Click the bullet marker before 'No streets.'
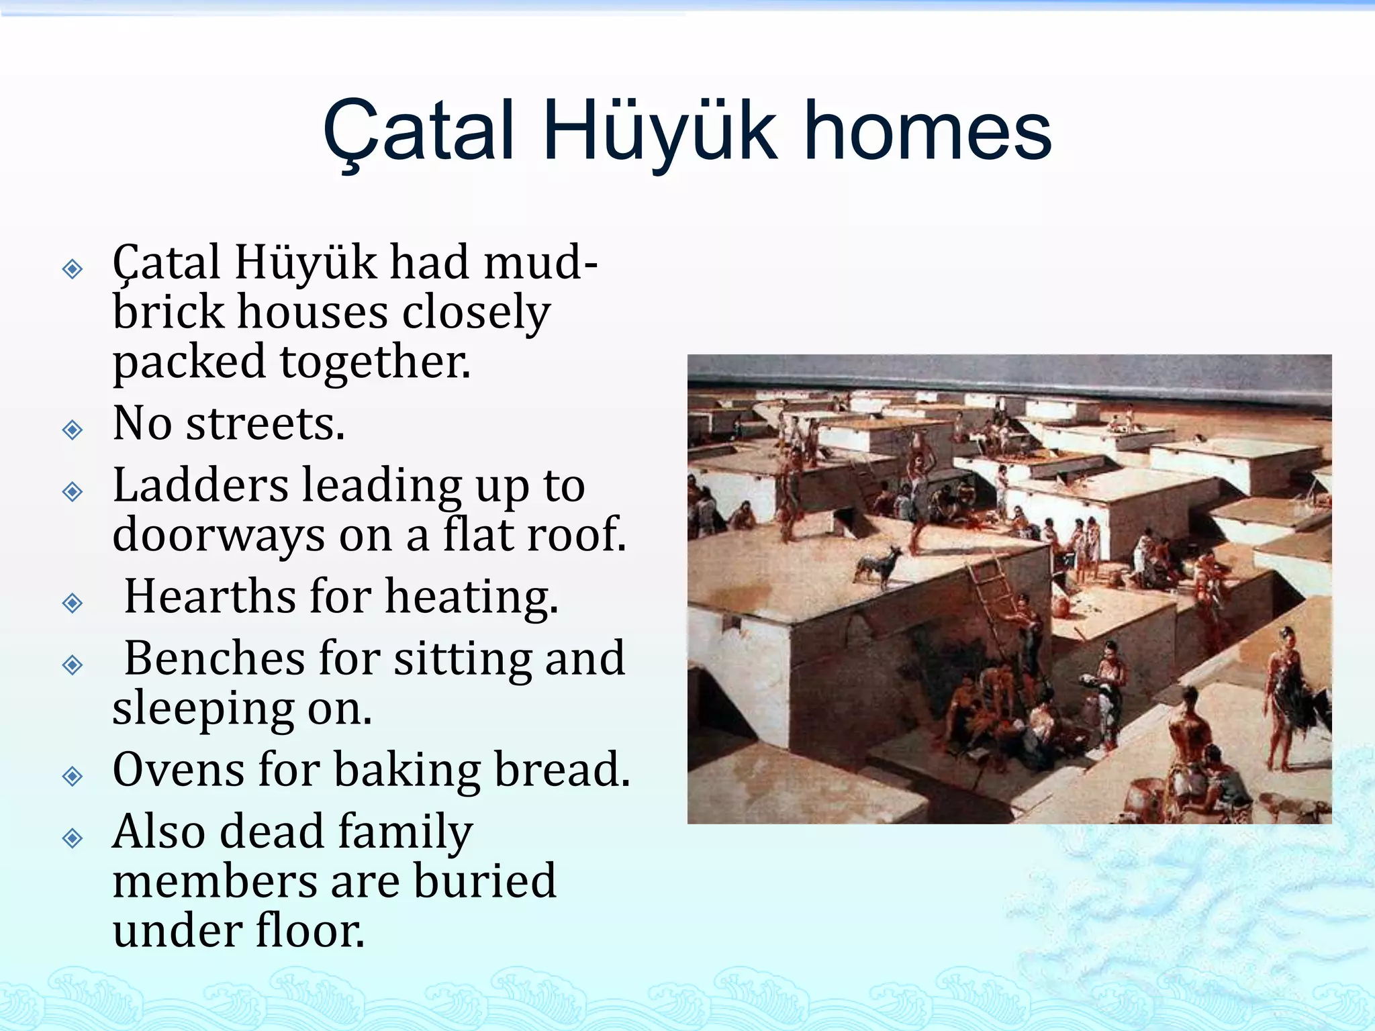[73, 429]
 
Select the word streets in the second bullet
[265, 424]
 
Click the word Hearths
[209, 596]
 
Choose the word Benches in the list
[215, 658]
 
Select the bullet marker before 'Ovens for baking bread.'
[73, 777]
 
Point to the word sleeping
[203, 708]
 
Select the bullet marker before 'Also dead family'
[73, 838]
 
